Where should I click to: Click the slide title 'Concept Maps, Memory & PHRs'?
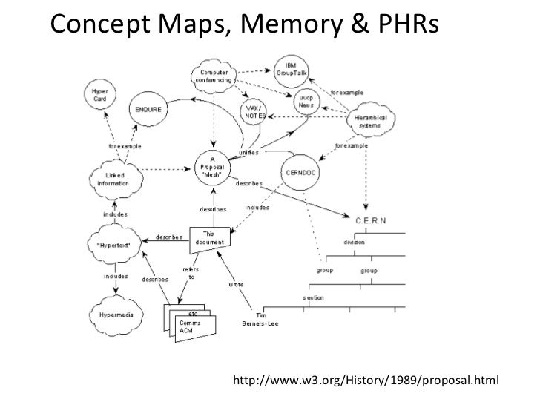245,24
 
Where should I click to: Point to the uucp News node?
305,102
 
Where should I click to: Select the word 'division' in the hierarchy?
354,242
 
